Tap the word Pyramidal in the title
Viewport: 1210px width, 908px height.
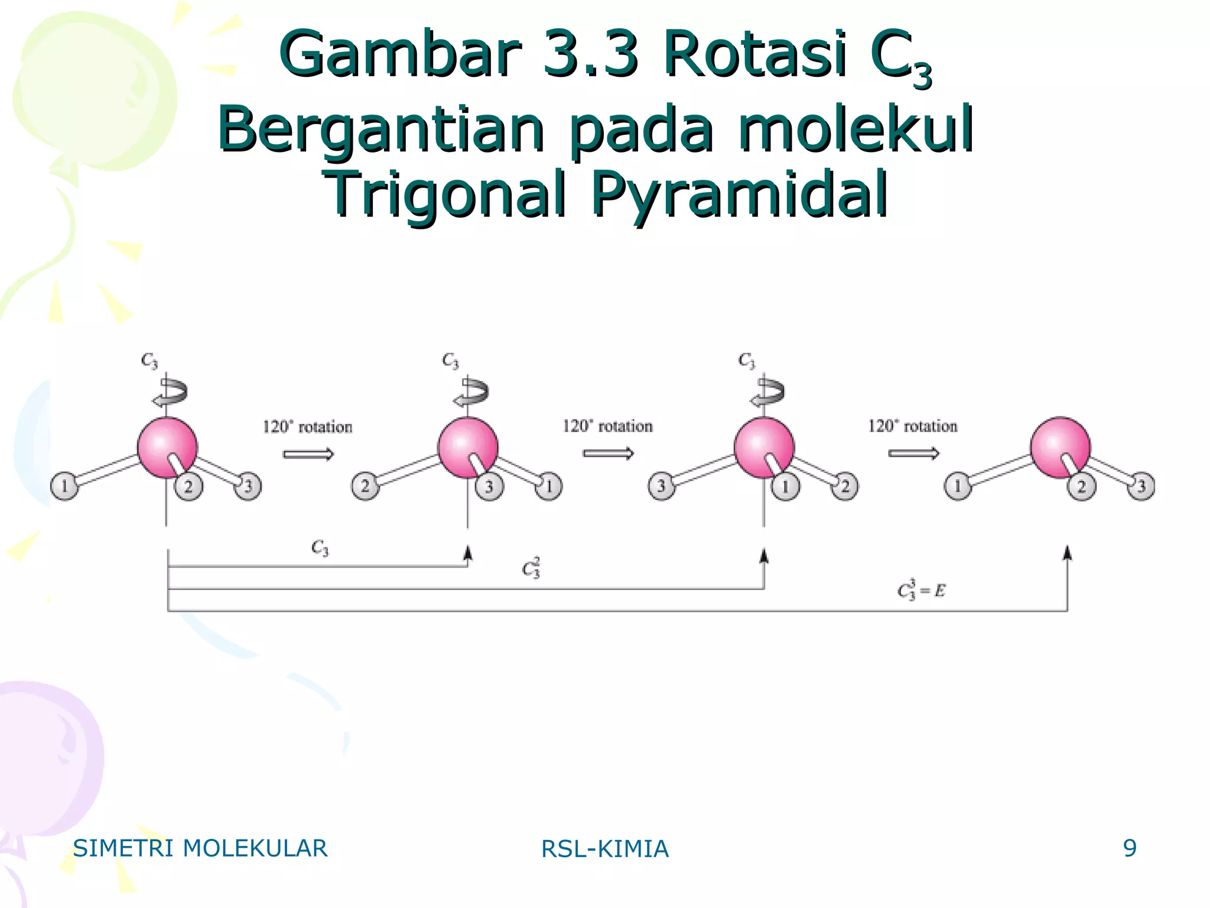740,194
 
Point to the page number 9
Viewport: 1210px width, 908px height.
1130,848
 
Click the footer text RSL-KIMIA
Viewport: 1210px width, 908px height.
605,849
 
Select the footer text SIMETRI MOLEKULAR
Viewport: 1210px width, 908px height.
200,848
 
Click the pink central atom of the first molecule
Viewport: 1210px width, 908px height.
167,447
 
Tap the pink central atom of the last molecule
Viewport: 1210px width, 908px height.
1061,447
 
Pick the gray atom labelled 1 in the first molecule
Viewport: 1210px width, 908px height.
64,487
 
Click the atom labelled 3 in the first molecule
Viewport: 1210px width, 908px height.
248,487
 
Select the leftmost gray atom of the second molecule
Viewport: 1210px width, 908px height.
365,487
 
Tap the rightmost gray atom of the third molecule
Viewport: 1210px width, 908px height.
845,487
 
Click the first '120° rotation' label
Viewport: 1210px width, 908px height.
307,427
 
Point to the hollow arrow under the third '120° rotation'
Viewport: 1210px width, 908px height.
913,453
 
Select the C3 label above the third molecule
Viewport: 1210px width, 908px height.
747,361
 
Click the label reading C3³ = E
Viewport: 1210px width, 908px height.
921,589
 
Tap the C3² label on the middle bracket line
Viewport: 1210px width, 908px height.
531,567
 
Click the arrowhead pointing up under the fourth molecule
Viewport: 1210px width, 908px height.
1067,553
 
